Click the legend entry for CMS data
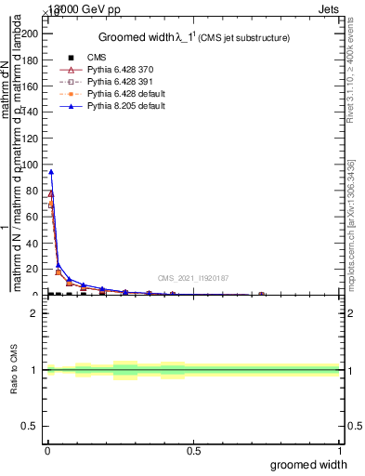(96, 58)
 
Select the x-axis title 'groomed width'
(308, 464)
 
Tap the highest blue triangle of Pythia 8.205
(51, 171)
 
